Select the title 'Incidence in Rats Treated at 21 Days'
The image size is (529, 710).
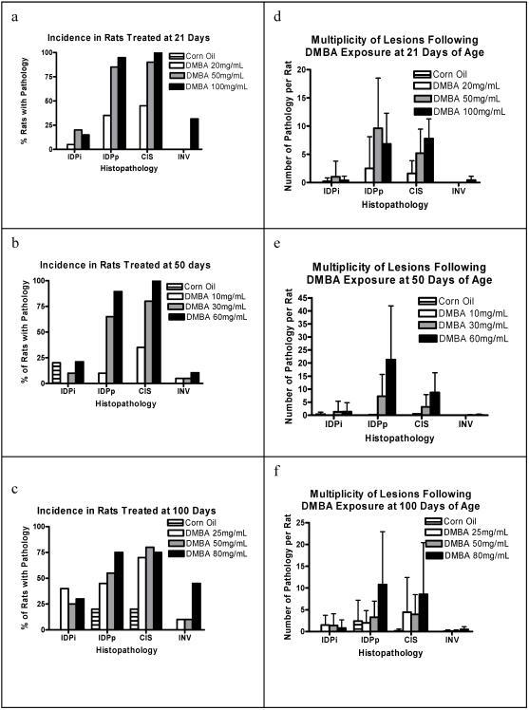(119, 38)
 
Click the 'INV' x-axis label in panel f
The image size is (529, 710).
(462, 642)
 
